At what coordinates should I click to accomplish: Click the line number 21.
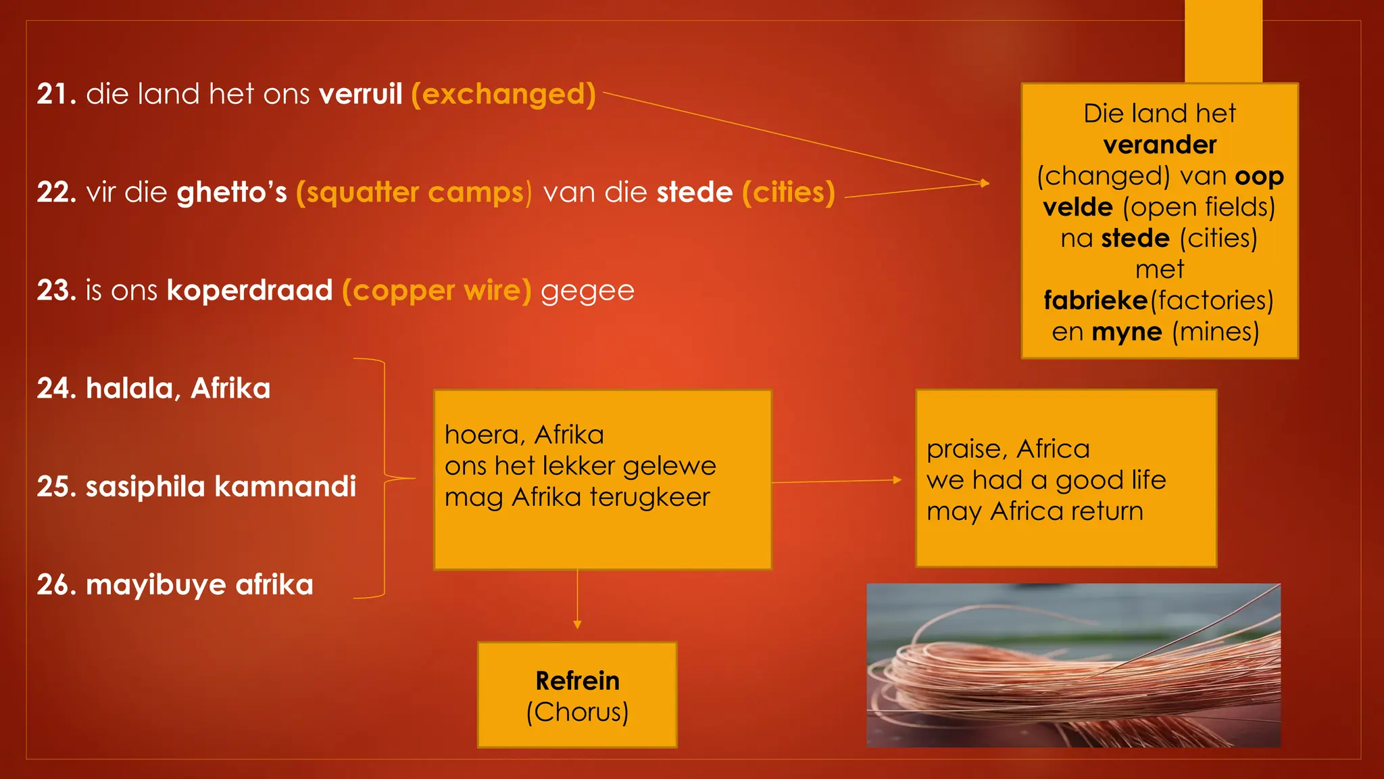coord(56,94)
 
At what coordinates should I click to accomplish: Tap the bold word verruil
coord(361,94)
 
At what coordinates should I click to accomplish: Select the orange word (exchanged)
coord(503,94)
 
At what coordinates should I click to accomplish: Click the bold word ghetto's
coord(232,193)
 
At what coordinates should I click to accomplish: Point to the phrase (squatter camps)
coord(414,193)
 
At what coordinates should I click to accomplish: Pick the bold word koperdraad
coord(249,291)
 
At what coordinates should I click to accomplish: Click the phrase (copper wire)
coord(437,291)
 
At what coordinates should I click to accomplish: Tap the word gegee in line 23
coord(587,291)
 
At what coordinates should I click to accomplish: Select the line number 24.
coord(56,389)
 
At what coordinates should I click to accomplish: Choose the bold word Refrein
coord(577,681)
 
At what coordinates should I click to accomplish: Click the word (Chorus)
coord(577,712)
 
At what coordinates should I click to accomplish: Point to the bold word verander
coord(1160,145)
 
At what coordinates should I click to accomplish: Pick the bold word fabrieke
coord(1095,300)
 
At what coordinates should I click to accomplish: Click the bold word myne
coord(1127,332)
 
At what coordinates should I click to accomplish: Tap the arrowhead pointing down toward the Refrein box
coord(577,625)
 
